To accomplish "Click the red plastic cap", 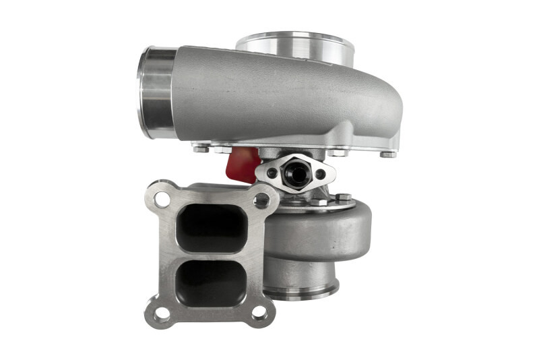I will pyautogui.click(x=244, y=164).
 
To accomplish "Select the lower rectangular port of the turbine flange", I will pyautogui.click(x=210, y=278).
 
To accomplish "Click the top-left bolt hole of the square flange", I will pyautogui.click(x=162, y=199).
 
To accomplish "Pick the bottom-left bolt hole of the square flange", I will pyautogui.click(x=162, y=313).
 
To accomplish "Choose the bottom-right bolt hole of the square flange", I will pyautogui.click(x=259, y=313).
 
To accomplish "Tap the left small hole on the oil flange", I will pyautogui.click(x=272, y=173).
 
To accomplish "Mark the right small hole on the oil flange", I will pyautogui.click(x=320, y=173).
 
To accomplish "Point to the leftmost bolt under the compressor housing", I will pyautogui.click(x=200, y=148).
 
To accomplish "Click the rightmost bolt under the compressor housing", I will pyautogui.click(x=388, y=154).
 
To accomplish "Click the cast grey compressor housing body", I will pyautogui.click(x=283, y=101).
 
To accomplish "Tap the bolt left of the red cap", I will pyautogui.click(x=223, y=150).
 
